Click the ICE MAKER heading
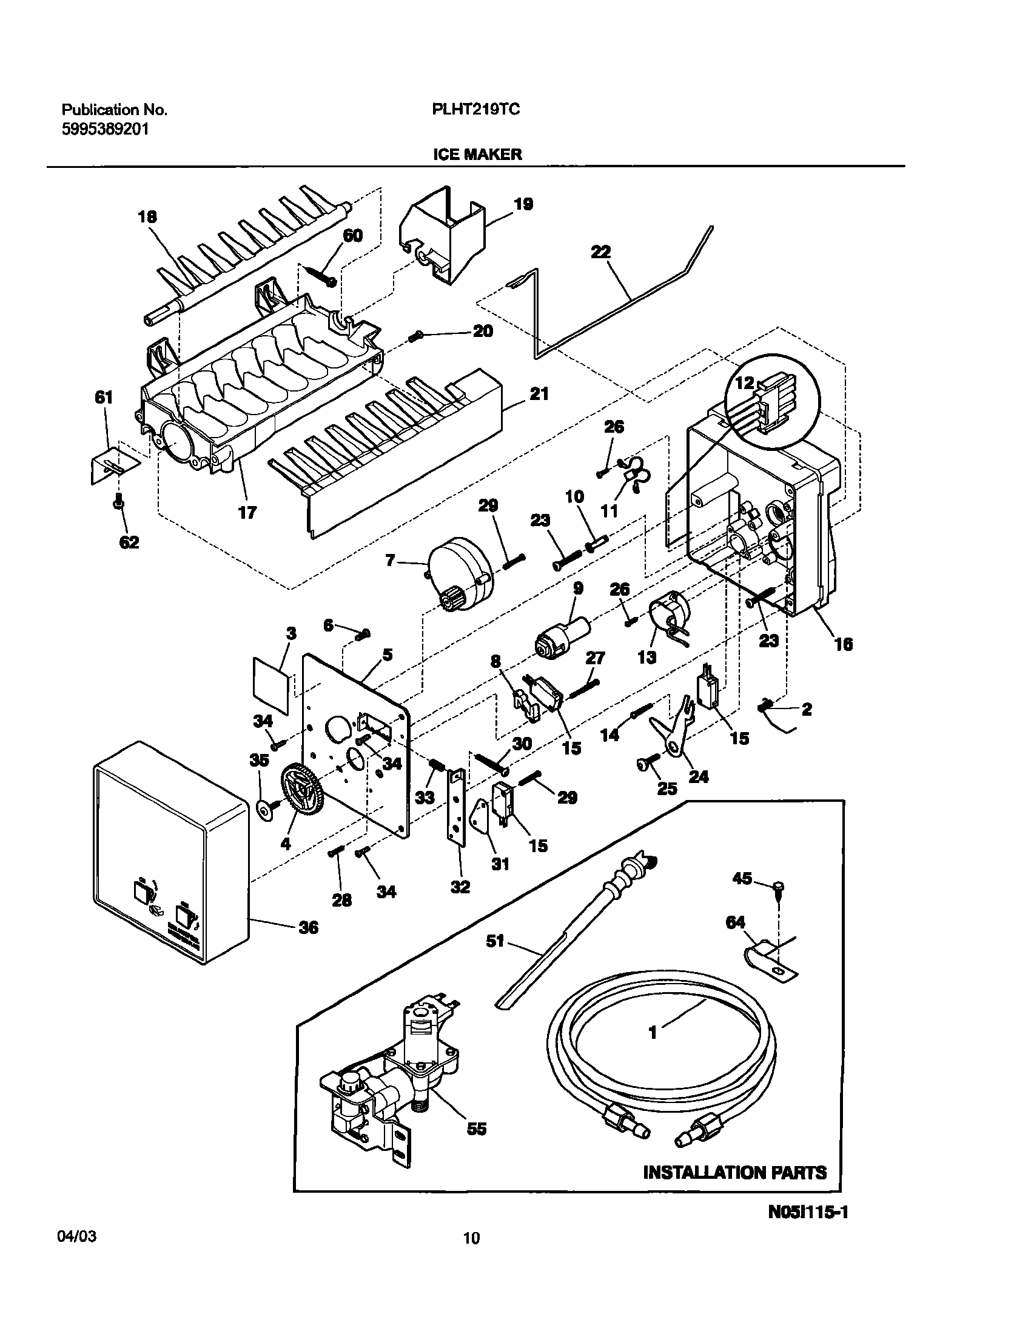[x=477, y=154]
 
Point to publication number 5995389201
[x=104, y=129]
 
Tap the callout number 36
[x=308, y=927]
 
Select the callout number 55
[x=477, y=1129]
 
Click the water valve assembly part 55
[x=394, y=1085]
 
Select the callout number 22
[x=600, y=252]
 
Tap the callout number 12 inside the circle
[x=744, y=382]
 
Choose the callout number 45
[x=742, y=878]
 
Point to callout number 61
[x=104, y=398]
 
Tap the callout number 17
[x=246, y=512]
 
